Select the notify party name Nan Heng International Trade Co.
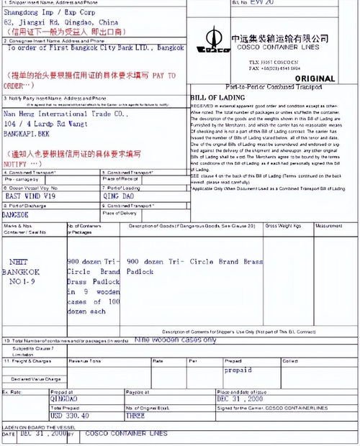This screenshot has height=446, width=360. pyautogui.click(x=66, y=114)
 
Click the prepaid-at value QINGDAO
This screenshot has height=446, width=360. pyautogui.click(x=64, y=398)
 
